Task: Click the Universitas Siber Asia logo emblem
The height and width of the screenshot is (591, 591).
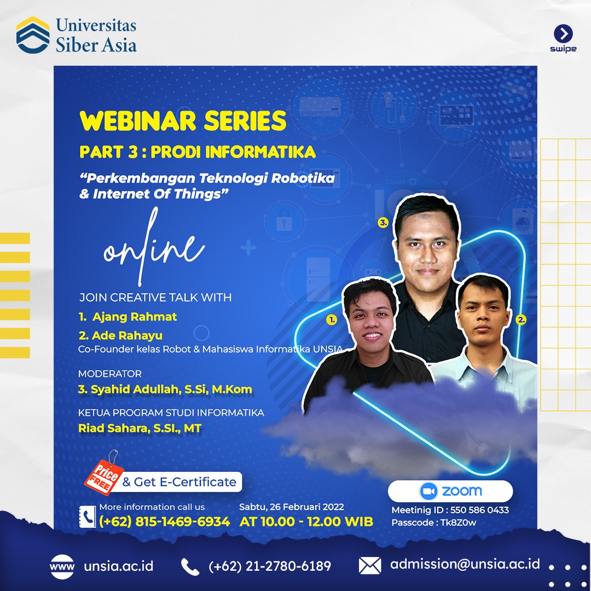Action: [33, 35]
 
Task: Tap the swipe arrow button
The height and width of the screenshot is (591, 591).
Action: [563, 34]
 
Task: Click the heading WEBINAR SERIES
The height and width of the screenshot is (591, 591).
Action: [183, 120]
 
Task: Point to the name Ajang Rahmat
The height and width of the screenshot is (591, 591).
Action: [135, 317]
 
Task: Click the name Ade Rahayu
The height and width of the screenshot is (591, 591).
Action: [127, 335]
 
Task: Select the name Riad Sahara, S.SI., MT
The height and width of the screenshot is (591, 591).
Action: [140, 428]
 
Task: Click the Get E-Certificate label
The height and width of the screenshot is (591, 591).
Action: [179, 482]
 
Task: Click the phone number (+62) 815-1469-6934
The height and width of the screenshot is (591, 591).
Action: [164, 522]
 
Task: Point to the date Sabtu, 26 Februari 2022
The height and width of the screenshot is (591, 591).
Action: [292, 507]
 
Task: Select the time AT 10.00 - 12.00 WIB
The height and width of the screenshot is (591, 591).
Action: [306, 522]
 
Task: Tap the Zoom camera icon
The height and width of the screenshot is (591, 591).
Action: [429, 491]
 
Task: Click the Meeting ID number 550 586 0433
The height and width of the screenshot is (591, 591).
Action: [479, 510]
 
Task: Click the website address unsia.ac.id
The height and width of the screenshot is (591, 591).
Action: [118, 566]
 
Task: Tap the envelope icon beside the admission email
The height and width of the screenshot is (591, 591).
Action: [370, 566]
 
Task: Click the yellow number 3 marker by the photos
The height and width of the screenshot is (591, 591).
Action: [383, 223]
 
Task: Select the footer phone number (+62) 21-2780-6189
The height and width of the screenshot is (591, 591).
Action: [269, 566]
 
